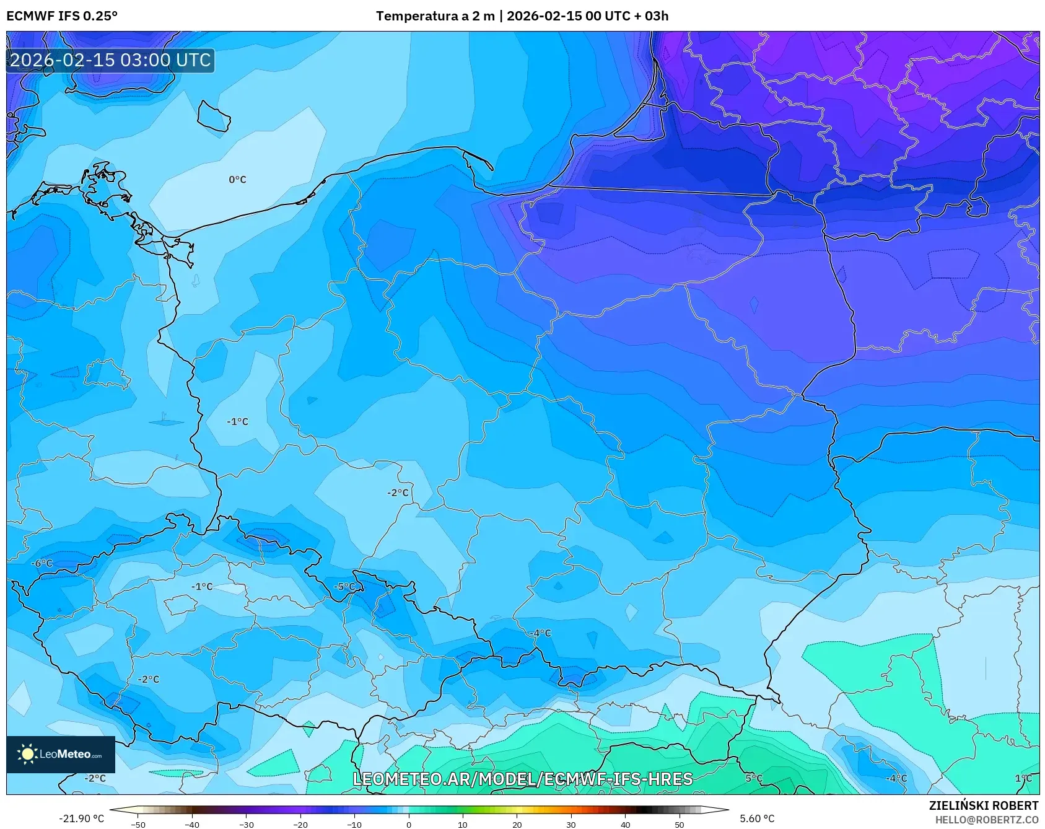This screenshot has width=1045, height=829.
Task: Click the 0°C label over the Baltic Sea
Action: point(237,180)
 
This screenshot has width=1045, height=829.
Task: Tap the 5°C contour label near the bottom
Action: point(754,778)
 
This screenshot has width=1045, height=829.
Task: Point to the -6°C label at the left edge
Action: point(43,563)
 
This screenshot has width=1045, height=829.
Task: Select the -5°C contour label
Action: point(345,587)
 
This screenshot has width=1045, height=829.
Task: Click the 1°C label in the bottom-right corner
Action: point(1023,778)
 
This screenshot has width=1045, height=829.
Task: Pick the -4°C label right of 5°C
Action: point(896,778)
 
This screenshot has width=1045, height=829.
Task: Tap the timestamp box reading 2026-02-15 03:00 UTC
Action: point(111,60)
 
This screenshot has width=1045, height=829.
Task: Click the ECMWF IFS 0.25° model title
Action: point(62,16)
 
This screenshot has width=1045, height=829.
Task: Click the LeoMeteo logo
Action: point(61,754)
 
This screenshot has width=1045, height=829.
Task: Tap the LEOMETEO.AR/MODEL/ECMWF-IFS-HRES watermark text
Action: point(522,779)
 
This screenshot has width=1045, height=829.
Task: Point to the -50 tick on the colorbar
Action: point(139,824)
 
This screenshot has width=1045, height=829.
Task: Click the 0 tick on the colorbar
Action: point(409,824)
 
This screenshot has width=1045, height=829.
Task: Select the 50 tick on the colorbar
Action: point(679,824)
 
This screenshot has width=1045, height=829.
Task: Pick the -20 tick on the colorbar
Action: point(300,824)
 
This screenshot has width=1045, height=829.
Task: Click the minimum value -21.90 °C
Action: point(82,818)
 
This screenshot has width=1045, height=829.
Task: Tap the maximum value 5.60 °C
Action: point(757,818)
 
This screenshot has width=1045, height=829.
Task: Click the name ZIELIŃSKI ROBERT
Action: point(983,805)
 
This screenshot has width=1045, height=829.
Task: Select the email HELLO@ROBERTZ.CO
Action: point(986,820)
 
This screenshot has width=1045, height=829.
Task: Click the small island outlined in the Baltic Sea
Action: point(214,116)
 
